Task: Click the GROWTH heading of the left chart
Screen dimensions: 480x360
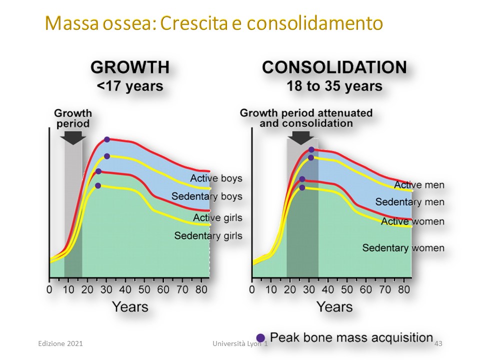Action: point(130,67)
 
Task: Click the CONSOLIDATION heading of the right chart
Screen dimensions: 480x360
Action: point(334,67)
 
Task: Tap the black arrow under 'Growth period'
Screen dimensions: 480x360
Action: point(73,138)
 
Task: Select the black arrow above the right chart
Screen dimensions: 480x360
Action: point(301,138)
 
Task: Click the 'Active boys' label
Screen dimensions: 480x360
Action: point(216,178)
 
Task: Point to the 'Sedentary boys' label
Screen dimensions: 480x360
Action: point(206,196)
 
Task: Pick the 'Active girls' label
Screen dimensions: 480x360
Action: point(217,217)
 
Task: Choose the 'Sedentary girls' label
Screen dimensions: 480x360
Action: point(208,235)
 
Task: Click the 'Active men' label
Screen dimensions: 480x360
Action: point(419,185)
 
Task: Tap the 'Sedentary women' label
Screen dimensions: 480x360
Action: point(403,247)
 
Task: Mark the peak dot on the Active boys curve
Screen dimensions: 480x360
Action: point(107,139)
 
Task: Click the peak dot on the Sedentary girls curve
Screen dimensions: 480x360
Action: point(98,185)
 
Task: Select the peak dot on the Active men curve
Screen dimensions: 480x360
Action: point(311,149)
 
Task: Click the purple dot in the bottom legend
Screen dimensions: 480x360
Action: point(260,337)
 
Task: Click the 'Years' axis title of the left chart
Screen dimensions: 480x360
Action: point(130,306)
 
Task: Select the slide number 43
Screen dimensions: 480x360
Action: point(438,343)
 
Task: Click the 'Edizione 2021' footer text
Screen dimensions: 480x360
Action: point(60,343)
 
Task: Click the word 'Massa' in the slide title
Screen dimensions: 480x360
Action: point(72,23)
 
